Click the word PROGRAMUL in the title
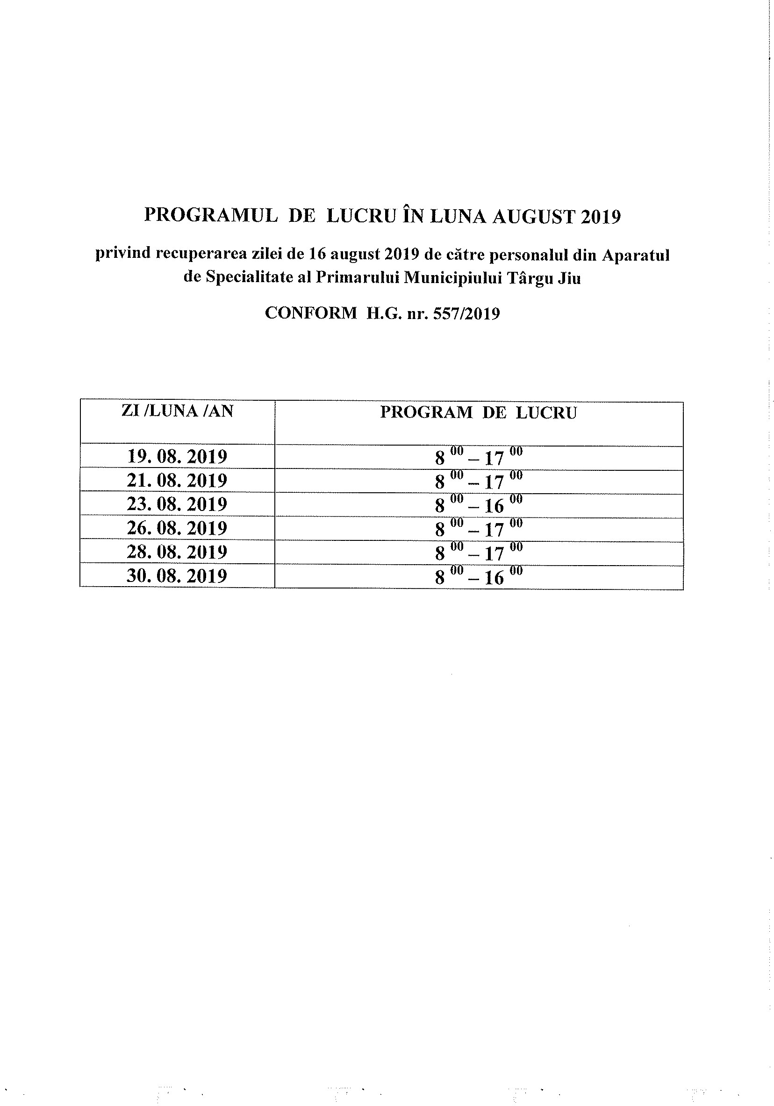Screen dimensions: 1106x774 [211, 216]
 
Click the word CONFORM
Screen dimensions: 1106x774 [311, 313]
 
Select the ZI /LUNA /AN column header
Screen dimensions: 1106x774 [177, 411]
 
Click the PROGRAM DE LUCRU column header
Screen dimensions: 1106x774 [478, 413]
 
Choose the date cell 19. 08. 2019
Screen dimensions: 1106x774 [177, 456]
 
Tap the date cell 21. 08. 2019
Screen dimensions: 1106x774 [177, 480]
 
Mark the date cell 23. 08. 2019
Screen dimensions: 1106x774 [177, 504]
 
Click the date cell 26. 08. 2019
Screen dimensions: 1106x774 [177, 527]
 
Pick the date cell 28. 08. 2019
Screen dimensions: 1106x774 [177, 551]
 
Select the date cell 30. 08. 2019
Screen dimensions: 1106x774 [177, 575]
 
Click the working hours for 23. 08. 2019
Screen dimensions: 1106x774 [478, 504]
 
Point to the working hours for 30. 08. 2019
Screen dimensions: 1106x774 [478, 576]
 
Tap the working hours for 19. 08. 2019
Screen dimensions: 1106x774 [478, 457]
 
